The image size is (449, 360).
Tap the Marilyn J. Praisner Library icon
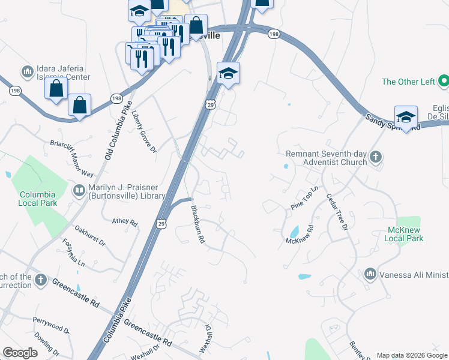(x=79, y=191)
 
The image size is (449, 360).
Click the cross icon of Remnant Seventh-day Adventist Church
(x=375, y=157)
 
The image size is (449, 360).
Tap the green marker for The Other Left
(x=444, y=80)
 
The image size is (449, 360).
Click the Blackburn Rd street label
(x=198, y=224)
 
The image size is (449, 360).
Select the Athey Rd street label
(x=125, y=221)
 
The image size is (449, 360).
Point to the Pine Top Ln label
(x=304, y=199)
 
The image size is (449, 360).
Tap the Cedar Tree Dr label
(x=337, y=211)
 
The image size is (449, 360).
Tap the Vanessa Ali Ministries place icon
(x=370, y=274)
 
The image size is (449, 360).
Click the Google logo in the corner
(x=20, y=353)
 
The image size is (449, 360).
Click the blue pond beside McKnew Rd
(x=294, y=232)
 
